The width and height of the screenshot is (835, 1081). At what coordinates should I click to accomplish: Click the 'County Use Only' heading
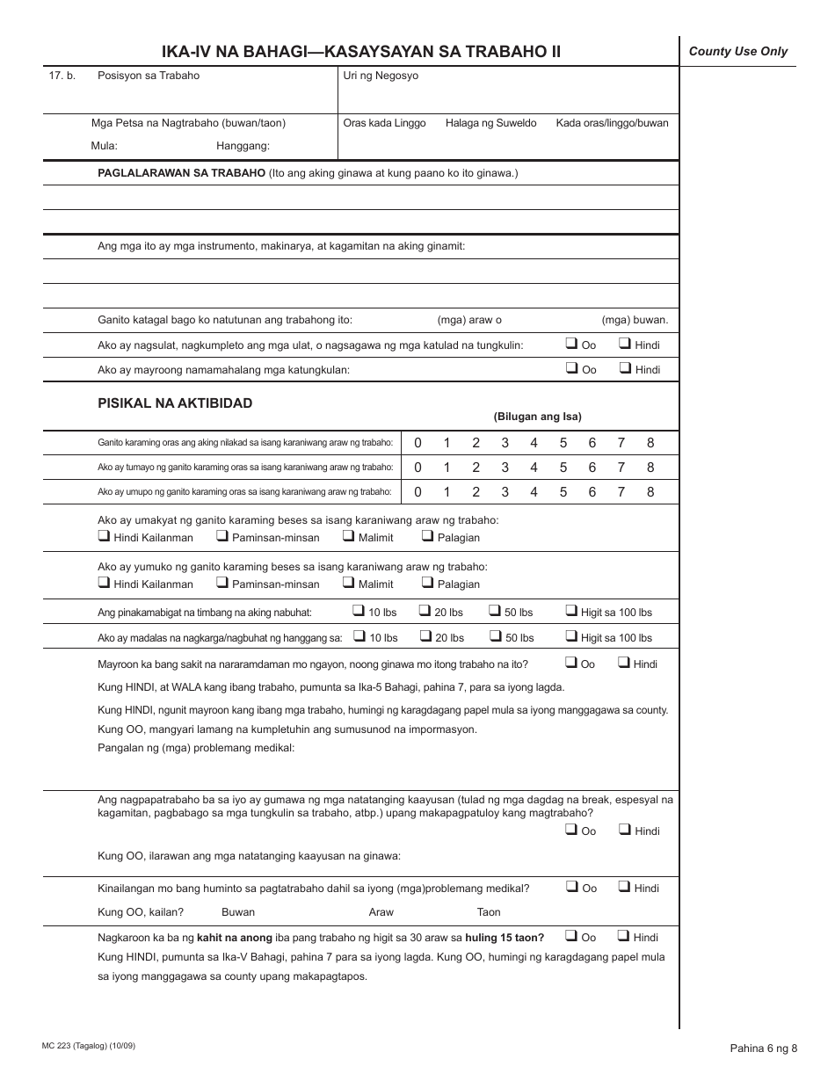[737, 52]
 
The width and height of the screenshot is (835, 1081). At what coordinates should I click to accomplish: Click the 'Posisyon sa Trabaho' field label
[149, 76]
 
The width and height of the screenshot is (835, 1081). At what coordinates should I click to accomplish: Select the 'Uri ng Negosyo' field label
[381, 76]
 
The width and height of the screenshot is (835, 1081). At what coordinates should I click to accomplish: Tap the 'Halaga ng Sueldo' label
[490, 123]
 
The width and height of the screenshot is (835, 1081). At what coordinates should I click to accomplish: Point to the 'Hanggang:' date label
[243, 146]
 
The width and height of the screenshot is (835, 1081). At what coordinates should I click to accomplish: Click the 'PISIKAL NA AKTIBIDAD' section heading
[175, 403]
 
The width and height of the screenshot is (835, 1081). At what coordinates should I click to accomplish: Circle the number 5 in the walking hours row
[563, 443]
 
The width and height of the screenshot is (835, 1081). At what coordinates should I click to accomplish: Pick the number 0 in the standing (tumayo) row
[417, 468]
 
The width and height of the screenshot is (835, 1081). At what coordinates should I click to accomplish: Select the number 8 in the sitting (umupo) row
[650, 492]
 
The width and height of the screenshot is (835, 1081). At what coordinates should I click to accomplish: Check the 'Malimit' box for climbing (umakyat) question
[349, 536]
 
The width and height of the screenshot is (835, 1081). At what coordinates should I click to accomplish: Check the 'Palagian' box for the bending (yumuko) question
[427, 583]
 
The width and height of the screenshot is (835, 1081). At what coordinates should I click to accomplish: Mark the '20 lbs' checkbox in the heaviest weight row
[425, 611]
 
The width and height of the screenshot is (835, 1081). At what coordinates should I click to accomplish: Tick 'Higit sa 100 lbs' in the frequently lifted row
[571, 636]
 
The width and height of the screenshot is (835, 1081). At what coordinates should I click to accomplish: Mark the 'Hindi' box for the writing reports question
[625, 344]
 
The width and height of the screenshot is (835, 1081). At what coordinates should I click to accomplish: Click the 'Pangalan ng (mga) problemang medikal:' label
[196, 748]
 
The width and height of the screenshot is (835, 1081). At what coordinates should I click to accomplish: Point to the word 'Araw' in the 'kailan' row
[381, 912]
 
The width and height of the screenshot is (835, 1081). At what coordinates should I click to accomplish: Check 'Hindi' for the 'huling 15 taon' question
[624, 936]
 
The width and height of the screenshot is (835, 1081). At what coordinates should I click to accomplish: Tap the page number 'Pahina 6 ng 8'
[763, 1048]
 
